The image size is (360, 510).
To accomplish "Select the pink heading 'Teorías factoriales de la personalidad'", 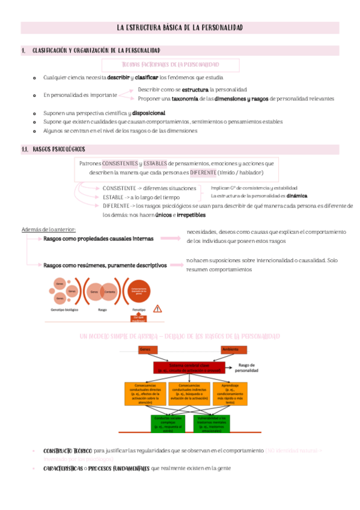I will coord(171,64).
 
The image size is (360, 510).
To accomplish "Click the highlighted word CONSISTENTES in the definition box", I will coord(120,164).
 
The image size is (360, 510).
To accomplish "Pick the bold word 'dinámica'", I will coord(297,195).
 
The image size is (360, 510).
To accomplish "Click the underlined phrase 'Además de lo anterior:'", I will coord(48,229).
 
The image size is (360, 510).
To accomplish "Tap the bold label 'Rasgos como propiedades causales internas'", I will coord(98,238).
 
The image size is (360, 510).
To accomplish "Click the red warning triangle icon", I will coord(157,309).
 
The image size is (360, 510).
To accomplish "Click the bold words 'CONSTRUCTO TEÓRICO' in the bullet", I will coord(68,450).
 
